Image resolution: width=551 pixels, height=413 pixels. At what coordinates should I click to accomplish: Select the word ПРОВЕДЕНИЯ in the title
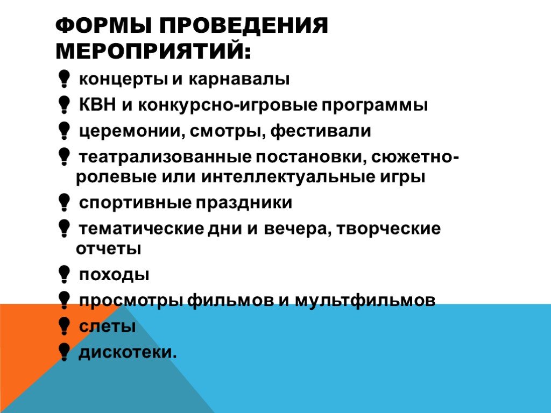point(243,25)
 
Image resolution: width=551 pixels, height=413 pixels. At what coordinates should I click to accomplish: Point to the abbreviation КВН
point(97,105)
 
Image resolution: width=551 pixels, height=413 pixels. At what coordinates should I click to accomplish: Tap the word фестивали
point(321,131)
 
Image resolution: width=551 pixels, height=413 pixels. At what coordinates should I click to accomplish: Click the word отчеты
point(109,248)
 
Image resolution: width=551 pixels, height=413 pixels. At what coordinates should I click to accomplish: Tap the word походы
point(114,275)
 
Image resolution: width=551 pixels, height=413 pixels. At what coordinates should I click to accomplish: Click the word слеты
point(108,326)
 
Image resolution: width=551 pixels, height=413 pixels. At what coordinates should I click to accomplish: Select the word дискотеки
point(128,352)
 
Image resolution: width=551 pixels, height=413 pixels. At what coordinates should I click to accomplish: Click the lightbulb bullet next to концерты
point(64,79)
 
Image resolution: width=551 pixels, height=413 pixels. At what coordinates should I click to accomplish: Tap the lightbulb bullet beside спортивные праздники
point(64,202)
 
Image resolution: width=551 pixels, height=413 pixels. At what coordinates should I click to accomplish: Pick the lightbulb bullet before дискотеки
point(64,352)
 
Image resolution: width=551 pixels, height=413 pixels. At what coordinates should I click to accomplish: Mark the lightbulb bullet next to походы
point(64,274)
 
